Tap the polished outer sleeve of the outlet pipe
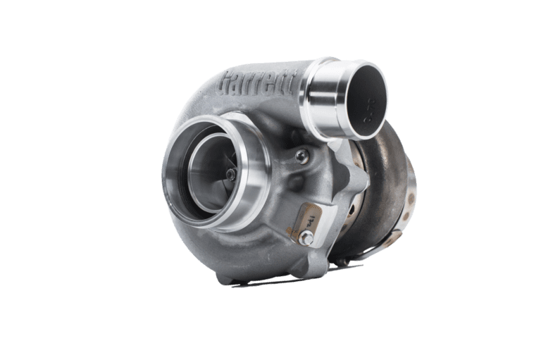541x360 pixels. [x=331, y=106]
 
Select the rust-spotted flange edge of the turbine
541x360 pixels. [x=409, y=211]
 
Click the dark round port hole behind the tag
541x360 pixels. [x=350, y=211]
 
